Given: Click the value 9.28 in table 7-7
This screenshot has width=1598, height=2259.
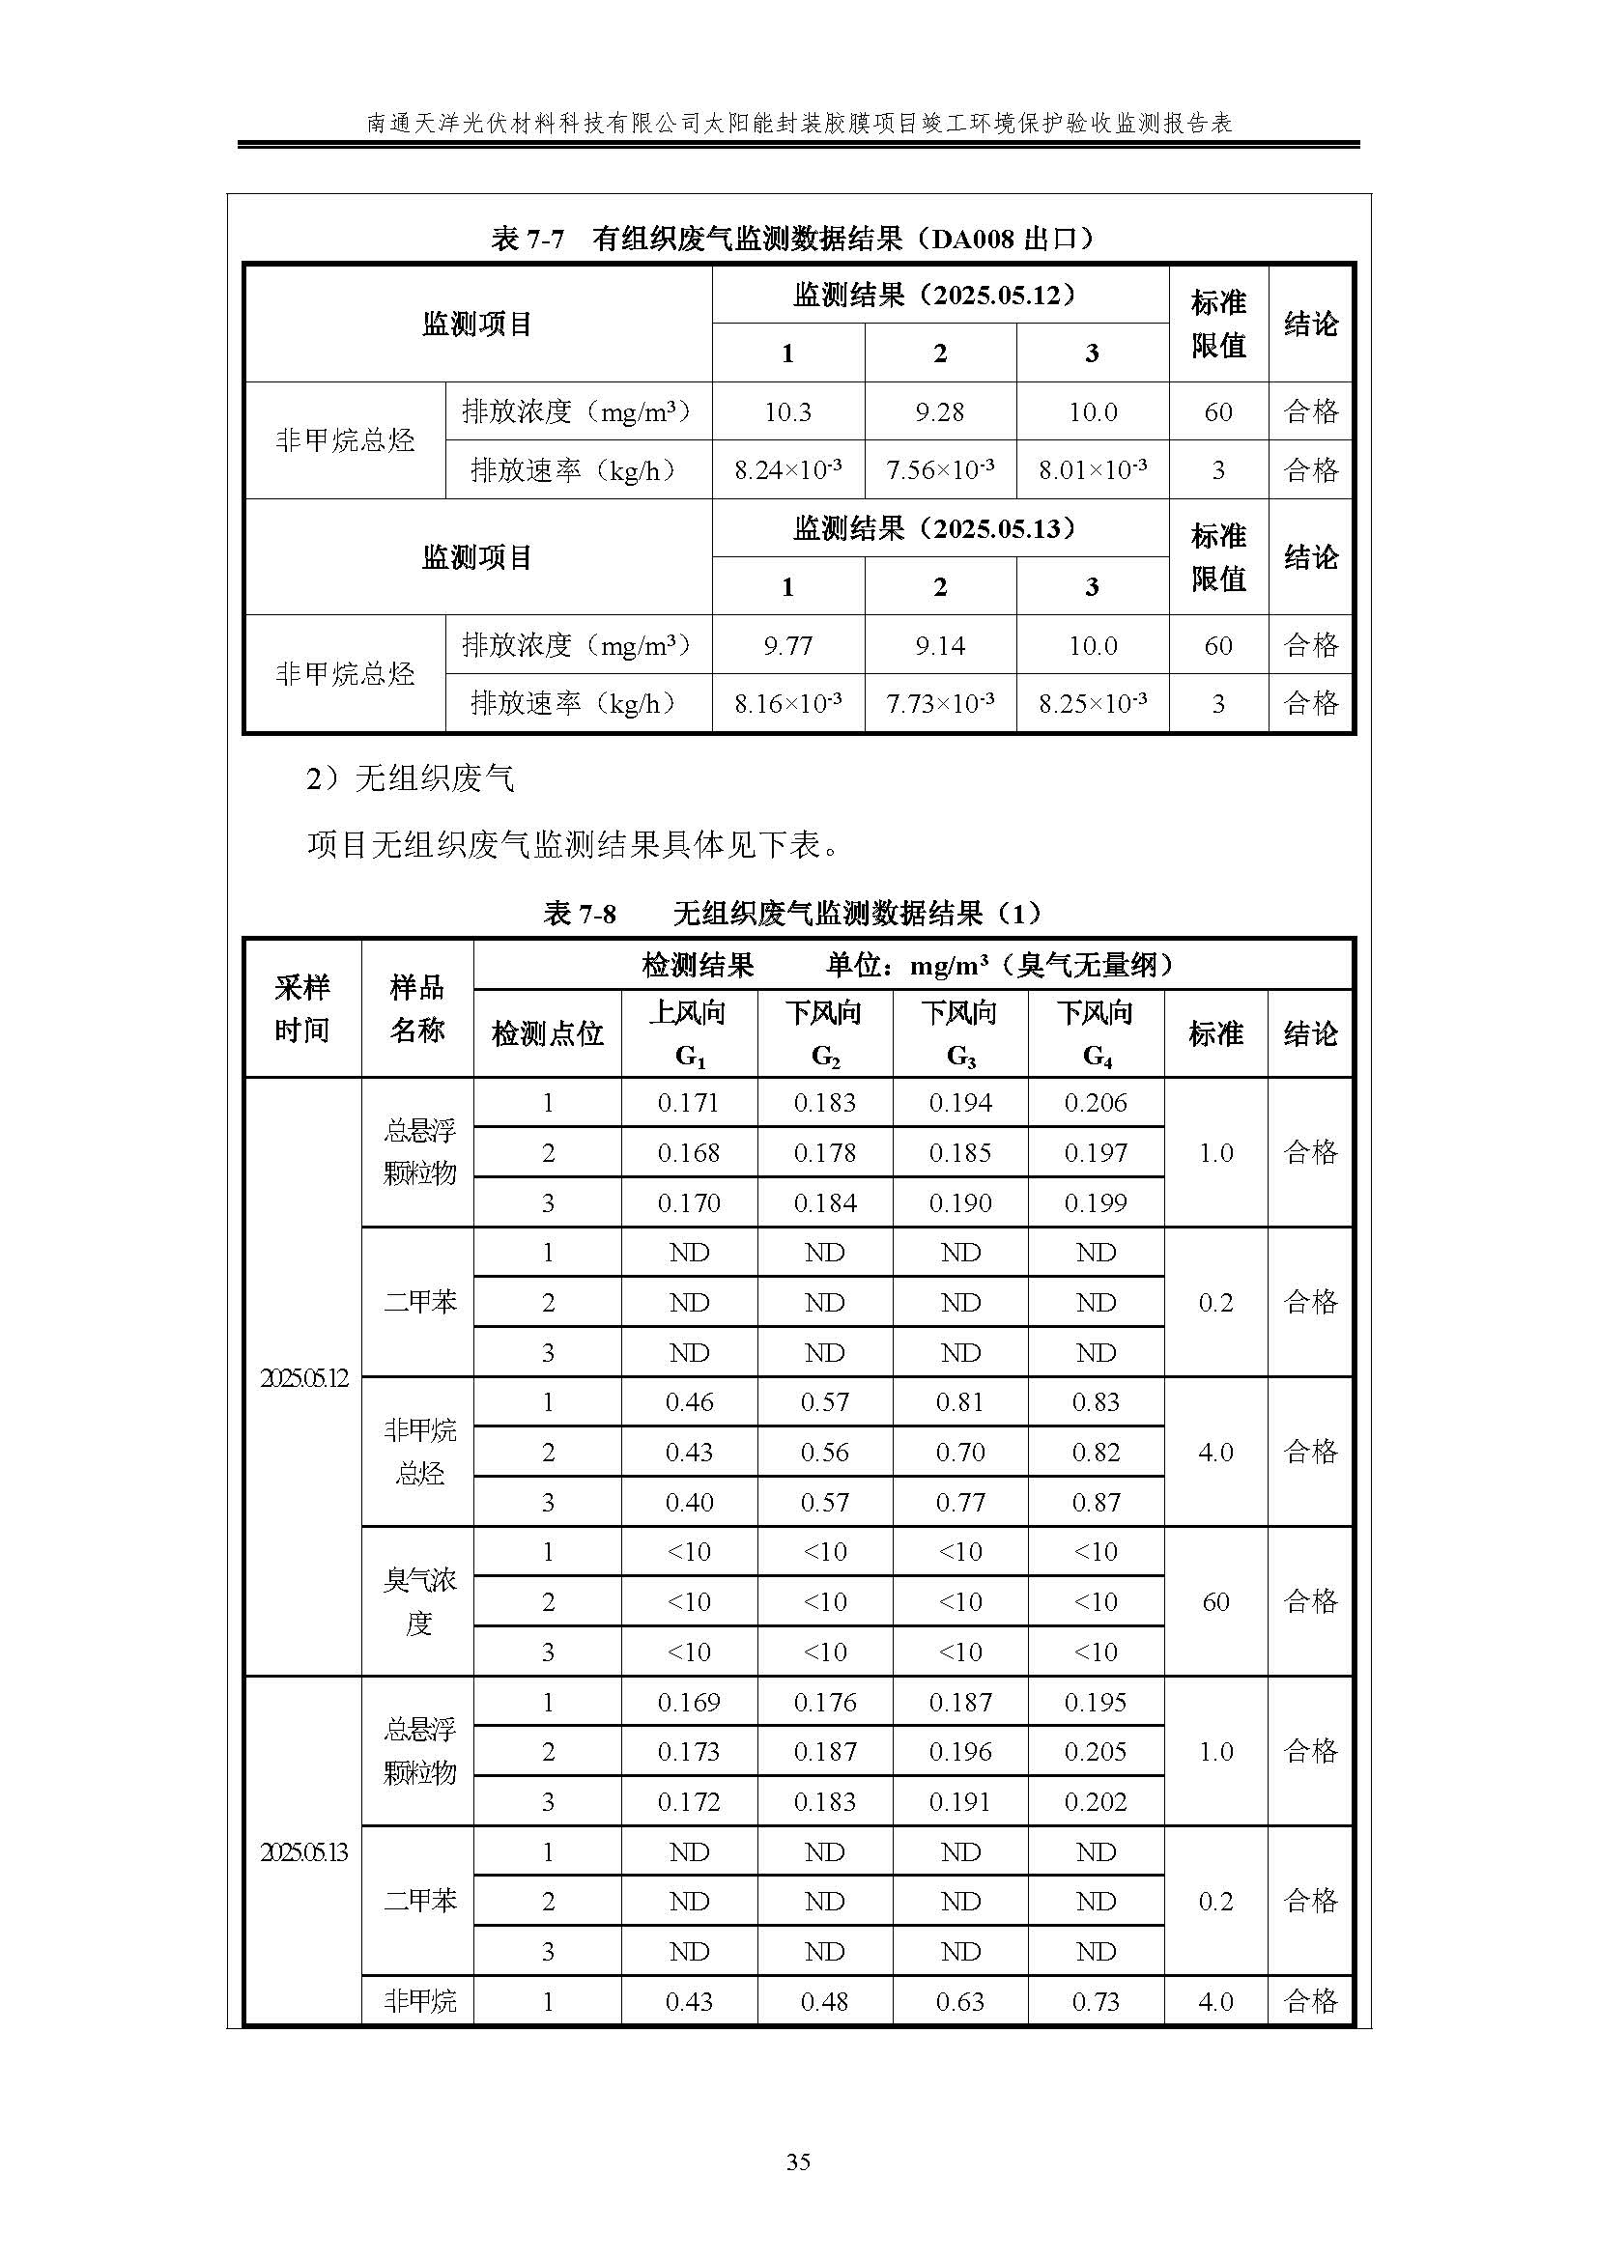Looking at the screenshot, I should coord(940,411).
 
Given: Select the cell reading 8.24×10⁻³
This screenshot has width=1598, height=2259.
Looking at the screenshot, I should coord(787,470).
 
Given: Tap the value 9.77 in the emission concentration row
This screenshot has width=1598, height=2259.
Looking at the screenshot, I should coord(787,645).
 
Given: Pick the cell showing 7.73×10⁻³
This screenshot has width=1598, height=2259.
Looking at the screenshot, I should coord(940,703).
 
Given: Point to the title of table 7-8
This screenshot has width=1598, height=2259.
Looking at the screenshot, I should coord(792,913).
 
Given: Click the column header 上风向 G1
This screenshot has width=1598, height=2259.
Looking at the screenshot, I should coord(689,1033).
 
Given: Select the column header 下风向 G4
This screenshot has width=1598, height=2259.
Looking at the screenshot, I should coord(1096,1033).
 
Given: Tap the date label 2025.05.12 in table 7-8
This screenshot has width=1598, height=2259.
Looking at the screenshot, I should coord(303,1377).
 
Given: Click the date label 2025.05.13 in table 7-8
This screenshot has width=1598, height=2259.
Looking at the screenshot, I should coord(303,1852).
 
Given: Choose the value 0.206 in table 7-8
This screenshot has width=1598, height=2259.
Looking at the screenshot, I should coord(1096,1103).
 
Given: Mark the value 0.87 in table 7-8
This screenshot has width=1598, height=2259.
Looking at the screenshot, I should coord(1096,1503).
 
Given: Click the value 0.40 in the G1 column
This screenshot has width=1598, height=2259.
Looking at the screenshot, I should coord(689,1503).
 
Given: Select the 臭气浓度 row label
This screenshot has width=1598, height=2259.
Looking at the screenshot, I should coord(419,1601).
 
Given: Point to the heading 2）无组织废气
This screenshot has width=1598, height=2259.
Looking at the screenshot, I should coord(411,779).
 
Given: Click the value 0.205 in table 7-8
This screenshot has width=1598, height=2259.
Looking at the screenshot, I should coord(1096,1752).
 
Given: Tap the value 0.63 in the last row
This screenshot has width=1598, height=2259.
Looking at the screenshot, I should coord(959,2001).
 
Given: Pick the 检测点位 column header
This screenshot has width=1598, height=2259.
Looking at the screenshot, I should coord(547,1033).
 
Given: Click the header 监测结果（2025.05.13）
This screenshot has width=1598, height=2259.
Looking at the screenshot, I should coord(940,528).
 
